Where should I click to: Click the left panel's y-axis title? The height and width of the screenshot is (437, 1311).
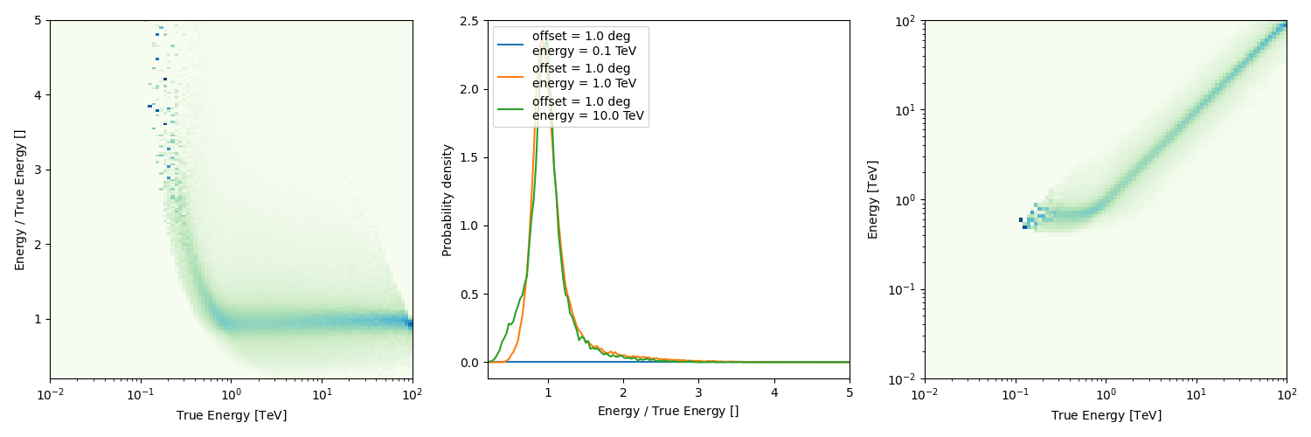click(x=20, y=199)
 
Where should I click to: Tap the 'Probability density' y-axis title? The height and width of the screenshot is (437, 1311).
click(x=447, y=199)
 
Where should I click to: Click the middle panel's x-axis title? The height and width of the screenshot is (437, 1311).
click(x=668, y=411)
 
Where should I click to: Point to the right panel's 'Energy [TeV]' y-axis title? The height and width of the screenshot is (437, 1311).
click(x=873, y=199)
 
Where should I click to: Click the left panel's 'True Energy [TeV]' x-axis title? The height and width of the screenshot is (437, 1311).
click(x=232, y=415)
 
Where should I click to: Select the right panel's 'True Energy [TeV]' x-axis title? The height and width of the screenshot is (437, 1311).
click(x=1106, y=415)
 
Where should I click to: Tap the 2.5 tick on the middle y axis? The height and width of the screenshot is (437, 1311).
click(x=471, y=21)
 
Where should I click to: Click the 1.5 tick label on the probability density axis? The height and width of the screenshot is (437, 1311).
click(x=471, y=157)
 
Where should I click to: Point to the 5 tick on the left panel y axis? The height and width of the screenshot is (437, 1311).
click(x=39, y=21)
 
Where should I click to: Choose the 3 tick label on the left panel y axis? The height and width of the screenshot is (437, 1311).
click(x=39, y=170)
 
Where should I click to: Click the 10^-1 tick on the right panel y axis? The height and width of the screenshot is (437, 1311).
click(x=905, y=289)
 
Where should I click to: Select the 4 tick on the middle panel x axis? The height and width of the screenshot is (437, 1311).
click(x=774, y=392)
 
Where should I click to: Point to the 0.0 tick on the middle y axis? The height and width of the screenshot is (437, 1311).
click(x=471, y=362)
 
